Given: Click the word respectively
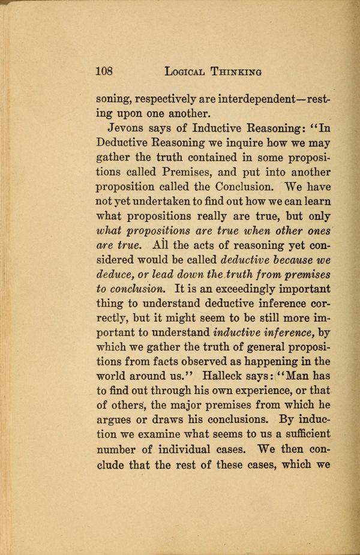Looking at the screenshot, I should [170, 98].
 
